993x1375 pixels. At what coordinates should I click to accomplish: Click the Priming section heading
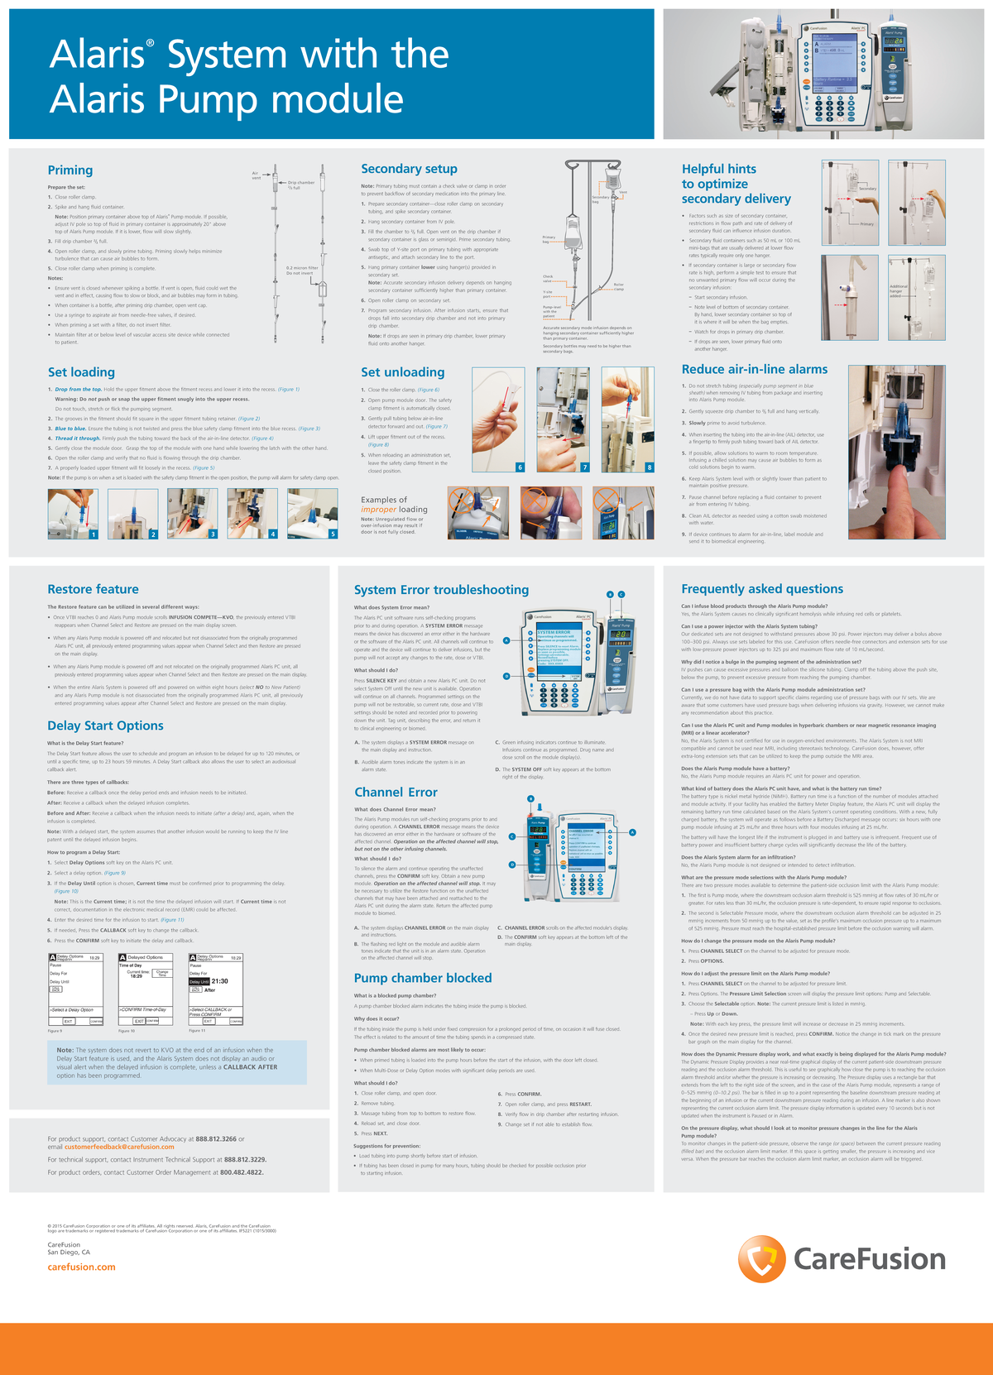coord(70,170)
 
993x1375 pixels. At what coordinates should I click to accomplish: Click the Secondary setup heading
coord(409,169)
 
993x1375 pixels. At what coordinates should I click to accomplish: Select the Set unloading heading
coord(402,372)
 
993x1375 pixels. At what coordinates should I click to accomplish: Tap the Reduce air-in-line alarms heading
coord(754,369)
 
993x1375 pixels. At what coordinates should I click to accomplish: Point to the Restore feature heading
coord(93,589)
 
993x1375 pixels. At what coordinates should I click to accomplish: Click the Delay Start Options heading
coord(105,726)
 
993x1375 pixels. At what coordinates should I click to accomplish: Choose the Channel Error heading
coord(396,792)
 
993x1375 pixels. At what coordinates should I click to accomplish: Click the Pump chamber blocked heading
coord(423,978)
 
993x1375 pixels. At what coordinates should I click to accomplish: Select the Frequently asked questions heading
coord(762,588)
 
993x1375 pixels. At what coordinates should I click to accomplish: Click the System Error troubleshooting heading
coord(441,589)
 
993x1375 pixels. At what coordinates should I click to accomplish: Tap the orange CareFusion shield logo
coord(761,1259)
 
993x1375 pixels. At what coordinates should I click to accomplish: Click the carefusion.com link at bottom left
coord(81,1267)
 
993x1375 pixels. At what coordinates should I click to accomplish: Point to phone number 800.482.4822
coord(242,1172)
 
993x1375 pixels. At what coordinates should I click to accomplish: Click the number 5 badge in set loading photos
coord(333,534)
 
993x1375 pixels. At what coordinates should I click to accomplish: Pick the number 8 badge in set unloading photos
coord(649,467)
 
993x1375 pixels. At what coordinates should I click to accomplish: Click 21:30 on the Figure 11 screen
coord(219,981)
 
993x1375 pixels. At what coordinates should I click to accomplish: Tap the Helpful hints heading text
coord(718,169)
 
